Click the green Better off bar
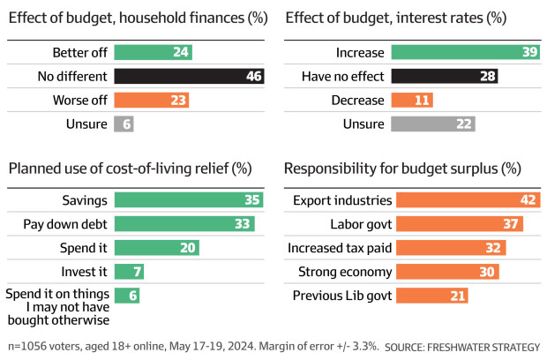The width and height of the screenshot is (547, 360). [153, 52]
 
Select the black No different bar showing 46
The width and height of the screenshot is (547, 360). [189, 77]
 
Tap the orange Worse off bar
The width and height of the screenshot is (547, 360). [151, 101]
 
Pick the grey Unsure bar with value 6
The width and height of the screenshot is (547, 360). [124, 124]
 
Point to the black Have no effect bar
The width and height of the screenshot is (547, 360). [444, 77]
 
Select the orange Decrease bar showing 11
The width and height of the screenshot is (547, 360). [411, 101]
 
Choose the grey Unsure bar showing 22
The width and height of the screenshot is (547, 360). [432, 124]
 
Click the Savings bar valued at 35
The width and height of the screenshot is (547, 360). [189, 200]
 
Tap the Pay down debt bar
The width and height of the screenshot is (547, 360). [184, 224]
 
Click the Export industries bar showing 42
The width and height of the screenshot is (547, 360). [467, 200]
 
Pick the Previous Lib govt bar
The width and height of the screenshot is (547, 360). [431, 296]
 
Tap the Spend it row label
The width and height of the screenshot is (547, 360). [84, 248]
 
